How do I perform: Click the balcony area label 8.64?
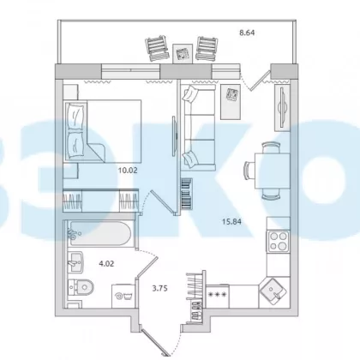(247, 33)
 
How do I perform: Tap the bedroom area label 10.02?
(128, 171)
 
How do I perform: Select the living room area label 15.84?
(231, 221)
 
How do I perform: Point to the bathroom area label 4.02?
(106, 264)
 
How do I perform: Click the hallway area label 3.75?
(159, 289)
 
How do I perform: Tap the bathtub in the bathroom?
(99, 235)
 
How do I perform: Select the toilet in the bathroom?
(81, 287)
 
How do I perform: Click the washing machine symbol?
(123, 296)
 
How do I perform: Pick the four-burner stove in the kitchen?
(279, 241)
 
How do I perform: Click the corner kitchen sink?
(273, 292)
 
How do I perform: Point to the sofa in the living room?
(198, 128)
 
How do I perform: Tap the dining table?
(273, 171)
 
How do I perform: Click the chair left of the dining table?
(249, 171)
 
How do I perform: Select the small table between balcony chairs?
(183, 53)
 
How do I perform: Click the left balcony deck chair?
(157, 48)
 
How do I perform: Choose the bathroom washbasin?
(75, 262)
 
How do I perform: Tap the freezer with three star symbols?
(218, 297)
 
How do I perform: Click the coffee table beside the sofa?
(231, 102)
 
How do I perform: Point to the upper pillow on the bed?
(75, 115)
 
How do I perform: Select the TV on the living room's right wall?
(281, 107)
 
